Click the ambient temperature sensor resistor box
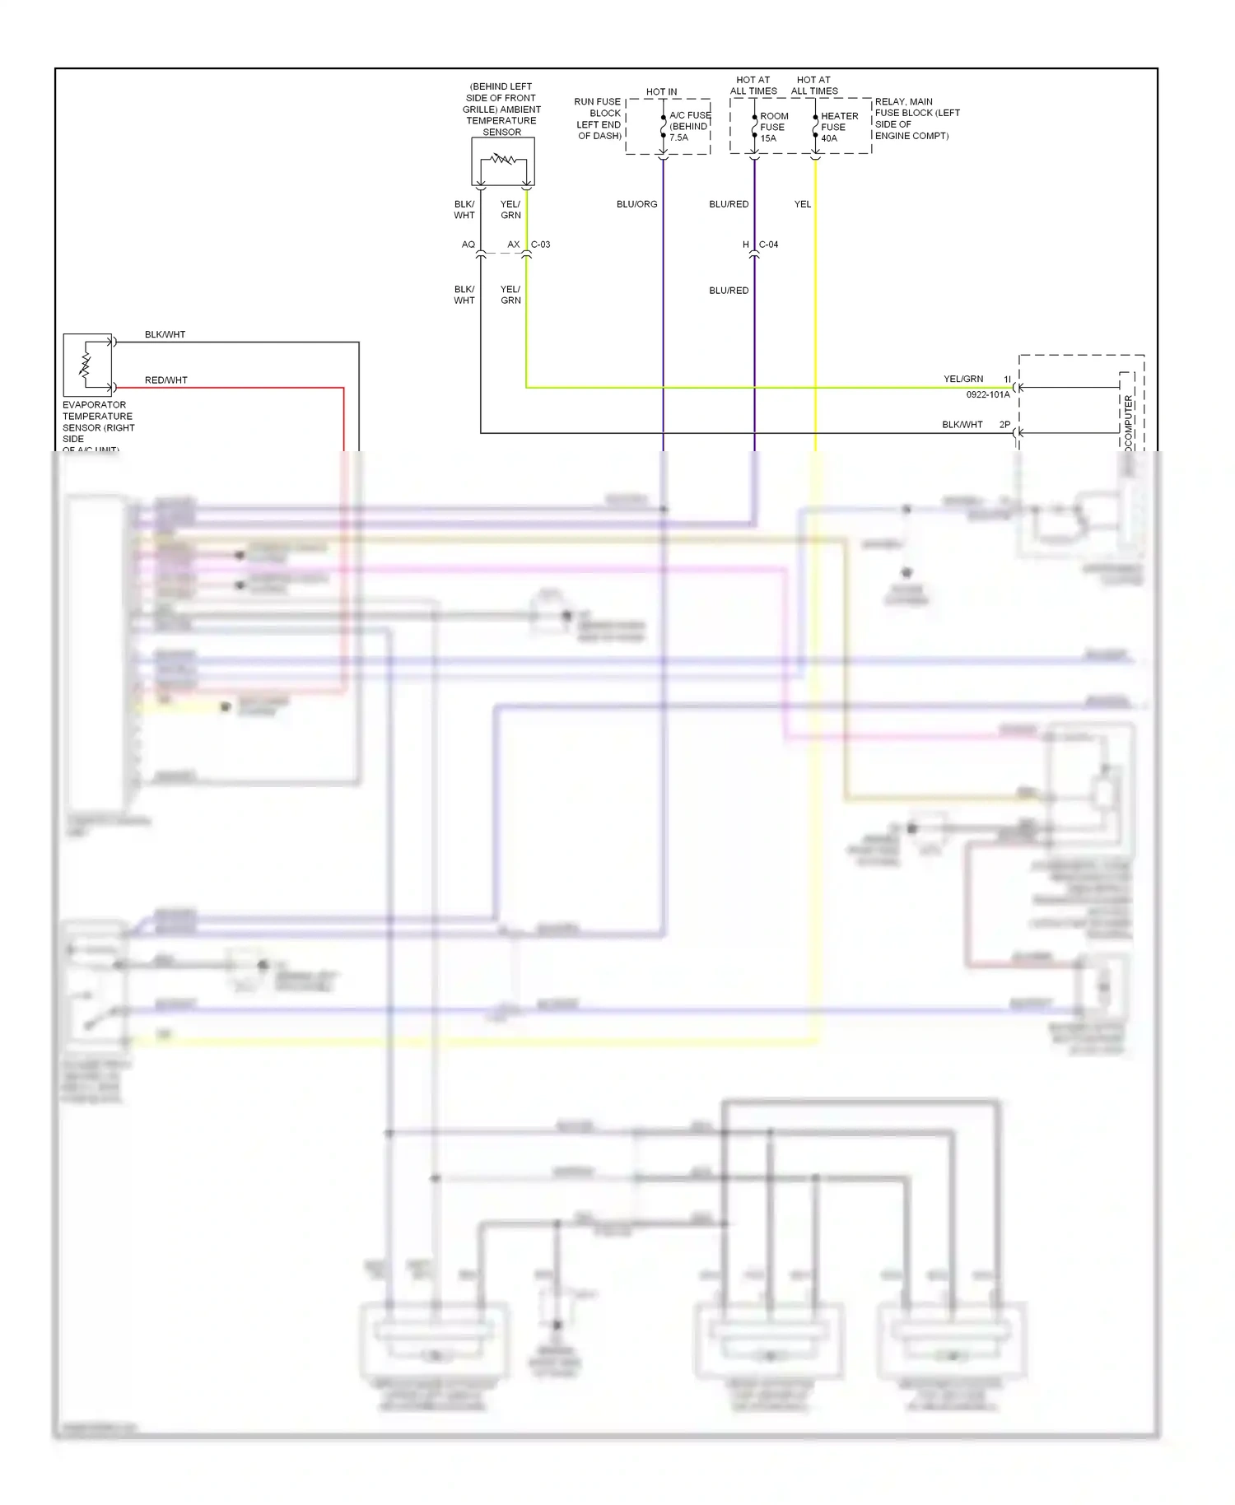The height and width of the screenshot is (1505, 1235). (502, 161)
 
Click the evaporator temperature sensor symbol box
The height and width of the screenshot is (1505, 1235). (87, 366)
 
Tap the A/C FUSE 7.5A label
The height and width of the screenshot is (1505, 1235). (689, 126)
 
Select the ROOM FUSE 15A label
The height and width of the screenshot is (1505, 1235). (773, 127)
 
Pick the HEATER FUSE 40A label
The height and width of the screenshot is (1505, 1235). (838, 127)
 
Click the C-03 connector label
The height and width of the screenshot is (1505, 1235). (540, 245)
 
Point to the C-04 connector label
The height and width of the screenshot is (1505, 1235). (768, 245)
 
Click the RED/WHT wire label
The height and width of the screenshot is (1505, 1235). (165, 380)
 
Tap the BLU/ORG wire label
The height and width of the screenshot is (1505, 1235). (636, 204)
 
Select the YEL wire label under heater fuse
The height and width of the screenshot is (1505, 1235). (802, 204)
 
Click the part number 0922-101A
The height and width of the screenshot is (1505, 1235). (987, 395)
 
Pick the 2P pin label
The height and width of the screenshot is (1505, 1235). (1004, 425)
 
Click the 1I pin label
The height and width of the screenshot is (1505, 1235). (1007, 380)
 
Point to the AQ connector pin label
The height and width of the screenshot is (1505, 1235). (468, 245)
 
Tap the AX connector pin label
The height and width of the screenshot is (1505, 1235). (513, 245)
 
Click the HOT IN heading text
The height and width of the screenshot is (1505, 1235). (661, 91)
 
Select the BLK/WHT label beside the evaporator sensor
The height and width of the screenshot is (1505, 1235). (165, 334)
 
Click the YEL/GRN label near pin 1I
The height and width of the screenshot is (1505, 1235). (962, 380)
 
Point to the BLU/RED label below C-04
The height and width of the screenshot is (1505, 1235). (729, 291)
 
